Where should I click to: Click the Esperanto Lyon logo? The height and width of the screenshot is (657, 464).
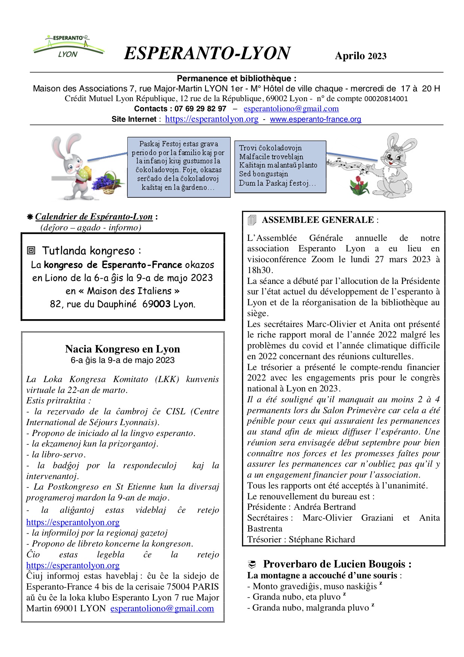coord(68,47)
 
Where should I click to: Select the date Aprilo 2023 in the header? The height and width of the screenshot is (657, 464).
coord(360,56)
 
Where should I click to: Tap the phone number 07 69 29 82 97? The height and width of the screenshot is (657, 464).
coord(200,109)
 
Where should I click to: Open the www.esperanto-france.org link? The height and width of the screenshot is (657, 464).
coord(315,119)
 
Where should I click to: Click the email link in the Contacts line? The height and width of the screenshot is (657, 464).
coord(291,109)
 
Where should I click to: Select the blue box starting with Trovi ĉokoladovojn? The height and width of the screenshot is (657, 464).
coord(280,166)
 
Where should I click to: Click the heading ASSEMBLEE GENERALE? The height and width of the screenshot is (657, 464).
coord(318,220)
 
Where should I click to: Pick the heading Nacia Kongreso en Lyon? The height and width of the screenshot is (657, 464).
coord(122,349)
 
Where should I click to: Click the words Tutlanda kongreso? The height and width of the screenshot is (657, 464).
coord(88,251)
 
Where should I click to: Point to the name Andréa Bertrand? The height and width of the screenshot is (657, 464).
coord(325,507)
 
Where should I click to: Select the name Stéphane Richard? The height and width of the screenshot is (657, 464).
coord(322,539)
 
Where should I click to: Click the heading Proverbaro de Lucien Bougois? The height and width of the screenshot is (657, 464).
coord(337,564)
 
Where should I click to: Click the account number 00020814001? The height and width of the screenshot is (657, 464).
coord(386,99)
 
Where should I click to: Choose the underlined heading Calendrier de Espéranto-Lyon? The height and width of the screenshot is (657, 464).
coord(94,217)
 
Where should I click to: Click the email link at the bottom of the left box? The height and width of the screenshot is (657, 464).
coord(162,609)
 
